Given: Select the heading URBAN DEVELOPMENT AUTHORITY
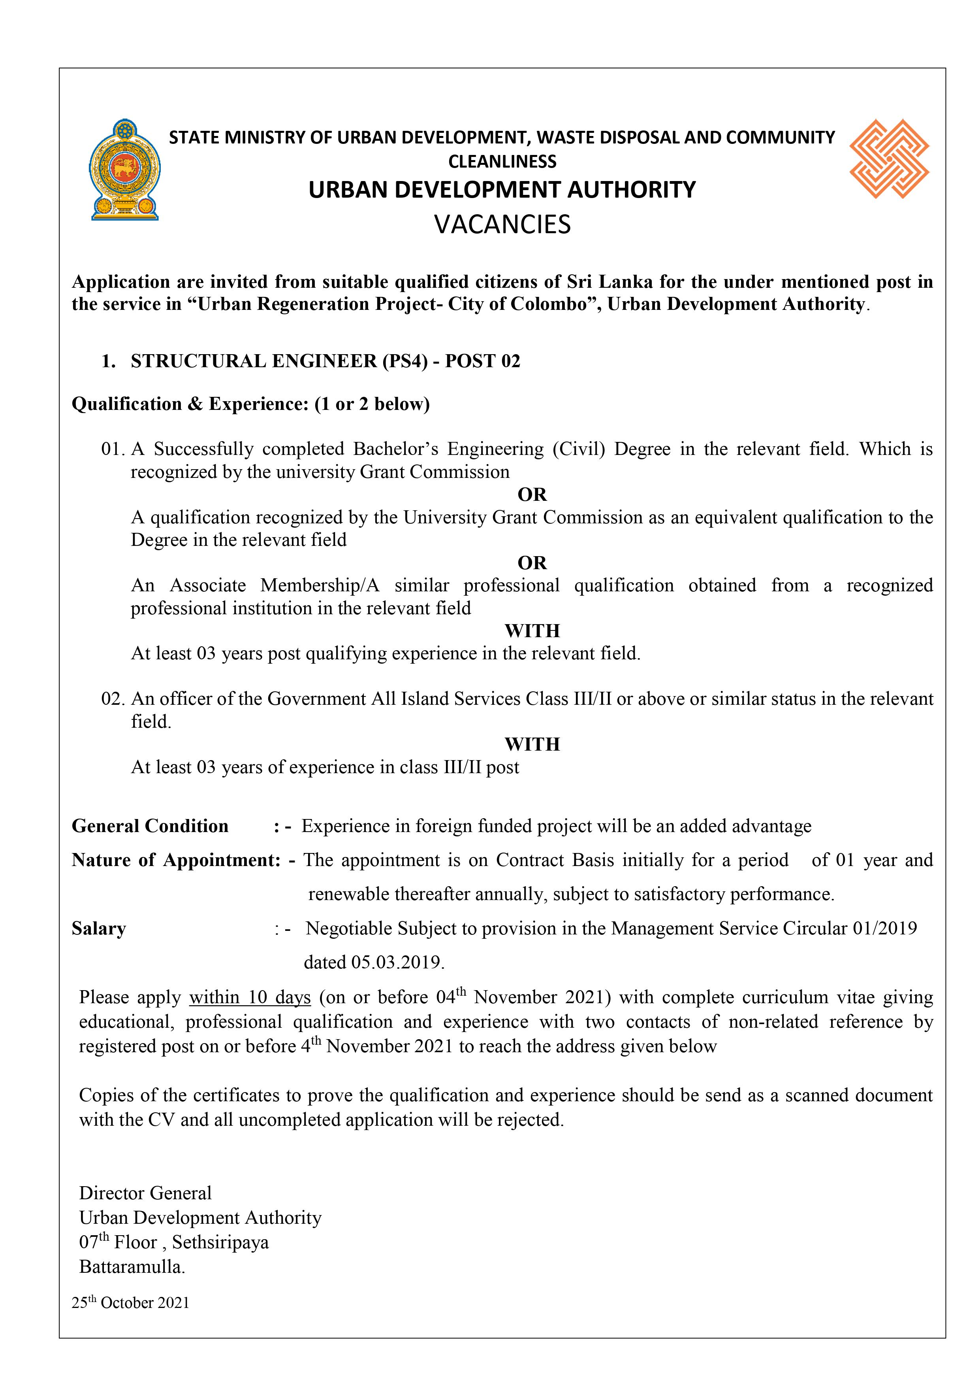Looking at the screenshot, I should (502, 190).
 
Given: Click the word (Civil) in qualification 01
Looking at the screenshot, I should (578, 449).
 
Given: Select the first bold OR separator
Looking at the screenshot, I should (532, 495).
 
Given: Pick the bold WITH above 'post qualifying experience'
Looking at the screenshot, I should (532, 631).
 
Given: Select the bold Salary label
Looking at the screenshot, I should (98, 928).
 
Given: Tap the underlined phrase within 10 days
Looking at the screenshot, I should (250, 997).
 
